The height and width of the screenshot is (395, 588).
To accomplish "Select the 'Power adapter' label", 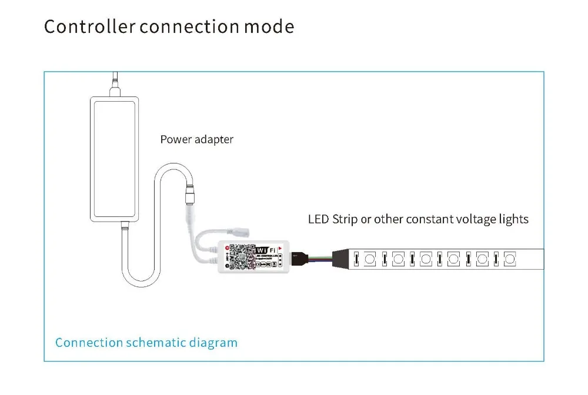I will pos(196,140).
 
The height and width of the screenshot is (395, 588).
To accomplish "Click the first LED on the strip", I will pos(370,258).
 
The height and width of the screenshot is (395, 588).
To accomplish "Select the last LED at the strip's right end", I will pos(510,258).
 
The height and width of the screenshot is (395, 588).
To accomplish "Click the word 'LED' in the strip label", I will pos(319,220).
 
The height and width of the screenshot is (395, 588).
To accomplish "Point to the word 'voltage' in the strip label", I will pos(475,220).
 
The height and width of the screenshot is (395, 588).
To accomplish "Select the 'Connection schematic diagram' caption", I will pos(146,343).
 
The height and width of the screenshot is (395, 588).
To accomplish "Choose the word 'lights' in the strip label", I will pos(513,220).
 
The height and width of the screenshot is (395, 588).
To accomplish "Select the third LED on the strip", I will pos(426,258).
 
